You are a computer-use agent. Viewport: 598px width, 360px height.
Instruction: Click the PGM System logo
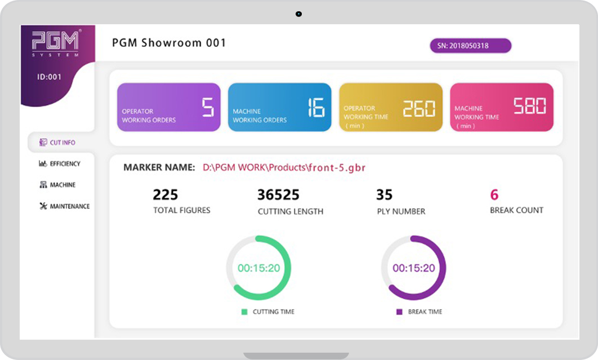(55, 43)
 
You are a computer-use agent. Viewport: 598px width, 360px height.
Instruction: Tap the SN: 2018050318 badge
(470, 46)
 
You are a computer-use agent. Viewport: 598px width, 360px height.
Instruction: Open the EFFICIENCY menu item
(60, 164)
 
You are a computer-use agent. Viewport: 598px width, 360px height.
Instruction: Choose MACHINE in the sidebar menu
(57, 185)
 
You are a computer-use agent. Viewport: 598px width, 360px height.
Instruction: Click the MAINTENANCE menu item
(64, 206)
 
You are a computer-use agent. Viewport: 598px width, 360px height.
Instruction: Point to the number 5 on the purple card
(208, 107)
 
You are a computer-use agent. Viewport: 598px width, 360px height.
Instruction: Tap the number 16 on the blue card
(316, 107)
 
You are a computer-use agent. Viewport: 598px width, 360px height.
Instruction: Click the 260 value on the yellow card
(419, 108)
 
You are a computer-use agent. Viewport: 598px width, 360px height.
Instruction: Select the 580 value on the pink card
(530, 106)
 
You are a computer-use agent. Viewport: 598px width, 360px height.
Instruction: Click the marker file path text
(284, 167)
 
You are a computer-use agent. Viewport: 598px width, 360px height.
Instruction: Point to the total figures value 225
(165, 195)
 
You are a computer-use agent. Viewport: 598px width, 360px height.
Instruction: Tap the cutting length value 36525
(278, 195)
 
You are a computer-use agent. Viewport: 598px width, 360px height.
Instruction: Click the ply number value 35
(385, 195)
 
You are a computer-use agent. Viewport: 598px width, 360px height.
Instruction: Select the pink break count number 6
(494, 195)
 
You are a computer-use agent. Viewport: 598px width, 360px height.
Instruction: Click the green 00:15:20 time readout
(259, 268)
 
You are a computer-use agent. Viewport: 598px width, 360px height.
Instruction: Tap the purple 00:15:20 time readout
(414, 268)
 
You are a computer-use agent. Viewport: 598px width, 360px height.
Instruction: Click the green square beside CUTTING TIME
(244, 312)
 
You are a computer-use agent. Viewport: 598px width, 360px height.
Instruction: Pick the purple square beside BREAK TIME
(399, 312)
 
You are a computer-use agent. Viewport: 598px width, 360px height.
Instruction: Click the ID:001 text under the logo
(49, 77)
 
